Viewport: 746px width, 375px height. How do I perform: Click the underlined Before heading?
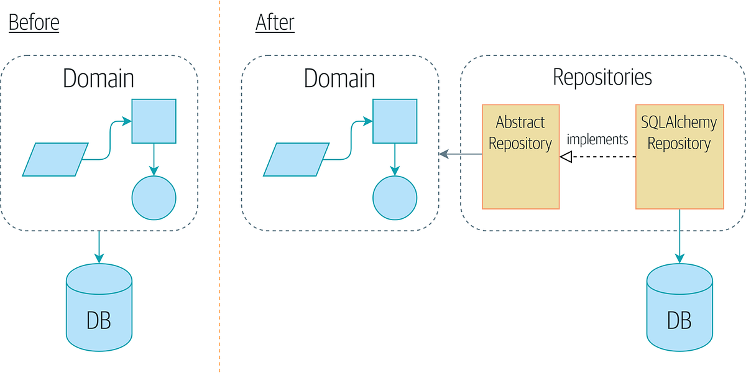coord(34,23)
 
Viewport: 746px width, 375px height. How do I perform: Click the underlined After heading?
coord(275,23)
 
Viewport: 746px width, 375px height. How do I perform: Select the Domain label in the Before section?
coord(98,79)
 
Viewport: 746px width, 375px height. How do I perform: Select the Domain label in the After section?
coord(339,79)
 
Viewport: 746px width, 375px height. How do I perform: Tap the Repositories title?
coord(602,77)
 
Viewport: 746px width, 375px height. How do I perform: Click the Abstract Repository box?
coord(520,156)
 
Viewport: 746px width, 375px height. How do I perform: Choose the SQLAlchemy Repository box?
coord(679,156)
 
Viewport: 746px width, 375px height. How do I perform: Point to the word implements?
coord(597,139)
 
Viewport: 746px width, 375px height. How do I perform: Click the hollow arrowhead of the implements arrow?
coord(565,157)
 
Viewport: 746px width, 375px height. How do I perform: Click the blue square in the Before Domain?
coord(154,121)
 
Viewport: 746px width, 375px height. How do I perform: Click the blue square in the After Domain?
coord(395,121)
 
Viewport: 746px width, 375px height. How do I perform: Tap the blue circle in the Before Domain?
coord(154,198)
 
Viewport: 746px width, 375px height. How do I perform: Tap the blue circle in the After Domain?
coord(395,198)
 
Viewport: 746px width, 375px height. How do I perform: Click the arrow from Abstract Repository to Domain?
coord(461,154)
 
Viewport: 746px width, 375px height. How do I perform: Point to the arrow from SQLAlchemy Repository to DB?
coord(679,236)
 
